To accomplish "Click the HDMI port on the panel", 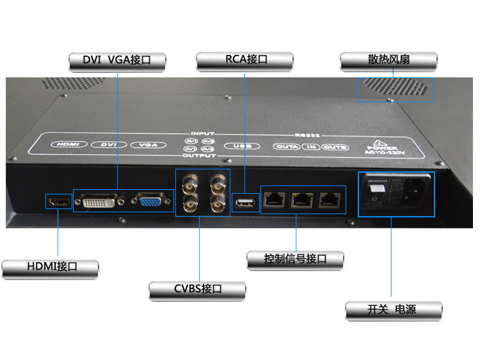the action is pyautogui.click(x=59, y=202).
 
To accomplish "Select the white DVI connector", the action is pyautogui.click(x=99, y=202).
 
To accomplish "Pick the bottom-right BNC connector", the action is pyautogui.click(x=216, y=205).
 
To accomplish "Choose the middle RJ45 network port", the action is pyautogui.click(x=300, y=200).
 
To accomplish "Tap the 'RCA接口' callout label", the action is pyautogui.click(x=246, y=60).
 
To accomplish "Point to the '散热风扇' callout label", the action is pyautogui.click(x=388, y=60).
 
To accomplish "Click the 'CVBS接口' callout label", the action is pyautogui.click(x=198, y=289).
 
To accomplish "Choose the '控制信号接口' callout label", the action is pyautogui.click(x=295, y=259).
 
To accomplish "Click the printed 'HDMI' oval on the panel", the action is pyautogui.click(x=67, y=145).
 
